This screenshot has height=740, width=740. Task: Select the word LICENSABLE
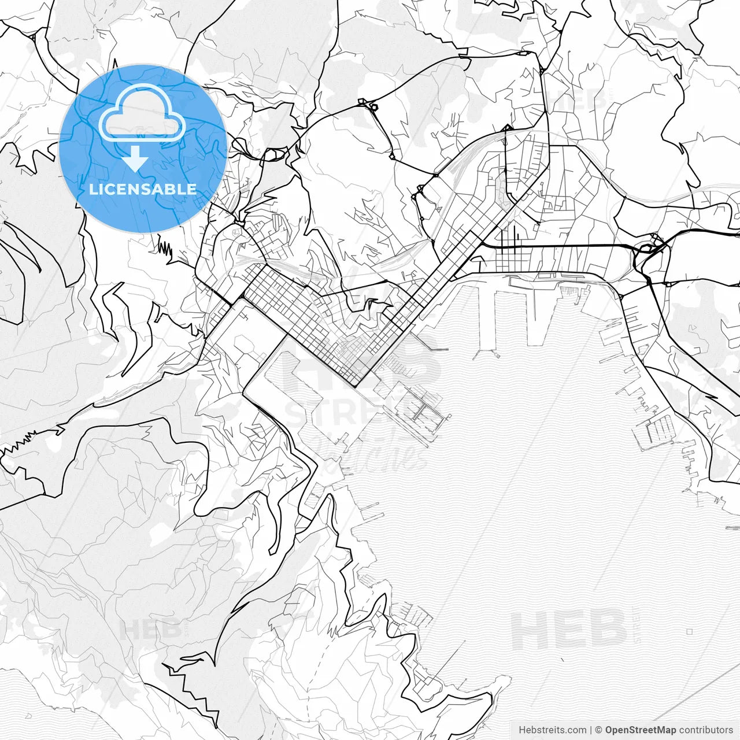point(142,189)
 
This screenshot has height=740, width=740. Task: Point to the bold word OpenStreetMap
point(640,730)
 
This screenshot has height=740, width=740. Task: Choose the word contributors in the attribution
point(706,730)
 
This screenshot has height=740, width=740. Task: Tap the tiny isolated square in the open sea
point(689,631)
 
